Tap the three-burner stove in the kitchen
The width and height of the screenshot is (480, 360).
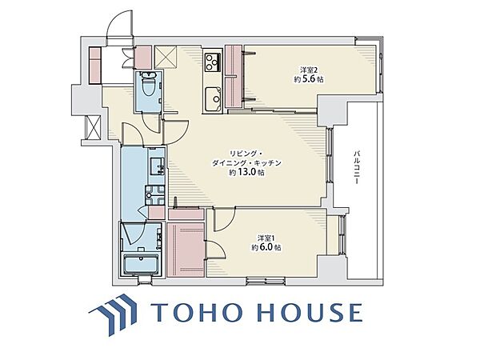click(x=213, y=62)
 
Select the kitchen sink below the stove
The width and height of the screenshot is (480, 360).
click(x=214, y=99)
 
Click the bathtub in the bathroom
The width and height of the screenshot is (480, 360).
click(x=141, y=263)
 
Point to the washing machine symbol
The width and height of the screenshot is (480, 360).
click(x=155, y=195)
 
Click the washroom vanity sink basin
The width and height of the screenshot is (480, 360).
click(x=158, y=166)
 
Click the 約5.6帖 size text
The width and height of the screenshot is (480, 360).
click(x=309, y=79)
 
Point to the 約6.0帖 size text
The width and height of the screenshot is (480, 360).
click(x=266, y=247)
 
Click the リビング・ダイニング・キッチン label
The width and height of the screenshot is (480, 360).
click(x=246, y=158)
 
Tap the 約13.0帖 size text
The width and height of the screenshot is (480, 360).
click(x=246, y=173)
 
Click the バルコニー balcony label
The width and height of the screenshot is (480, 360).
click(x=356, y=167)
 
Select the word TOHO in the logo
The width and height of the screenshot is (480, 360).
click(x=197, y=313)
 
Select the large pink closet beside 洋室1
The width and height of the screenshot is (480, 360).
click(x=186, y=250)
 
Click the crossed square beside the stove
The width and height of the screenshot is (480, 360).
click(x=166, y=58)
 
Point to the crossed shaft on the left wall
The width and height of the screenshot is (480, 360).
click(x=94, y=127)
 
